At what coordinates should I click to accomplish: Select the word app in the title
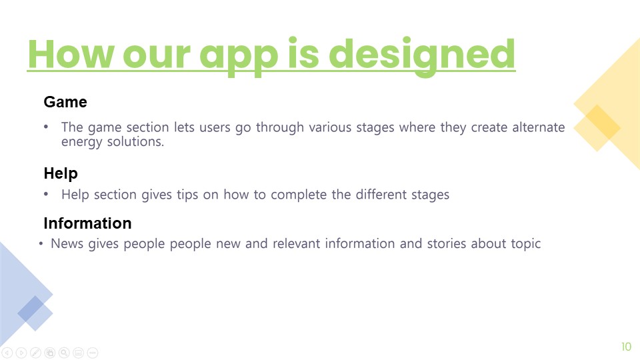click(239, 58)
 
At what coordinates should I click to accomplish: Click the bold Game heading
click(65, 102)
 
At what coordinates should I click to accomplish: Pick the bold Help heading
click(61, 174)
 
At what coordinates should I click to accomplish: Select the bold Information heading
click(88, 223)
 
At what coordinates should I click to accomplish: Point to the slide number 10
click(627, 347)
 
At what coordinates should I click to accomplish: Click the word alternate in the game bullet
click(539, 127)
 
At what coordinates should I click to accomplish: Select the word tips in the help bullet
click(187, 195)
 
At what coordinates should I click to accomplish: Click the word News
click(67, 244)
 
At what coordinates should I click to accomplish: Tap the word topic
click(526, 245)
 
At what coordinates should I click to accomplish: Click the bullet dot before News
click(41, 244)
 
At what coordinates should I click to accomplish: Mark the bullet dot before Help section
click(46, 194)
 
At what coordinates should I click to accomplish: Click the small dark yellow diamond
click(597, 128)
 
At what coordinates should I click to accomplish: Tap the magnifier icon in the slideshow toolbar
click(64, 353)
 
